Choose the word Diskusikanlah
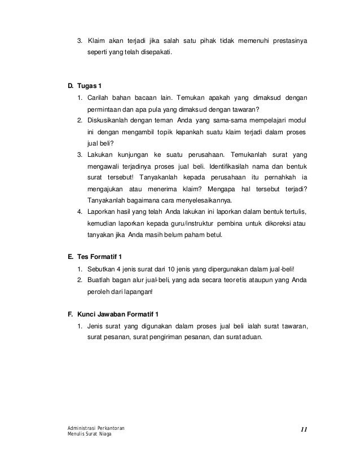click(x=111, y=120)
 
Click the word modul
click(x=297, y=120)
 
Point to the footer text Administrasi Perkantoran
click(x=95, y=429)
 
